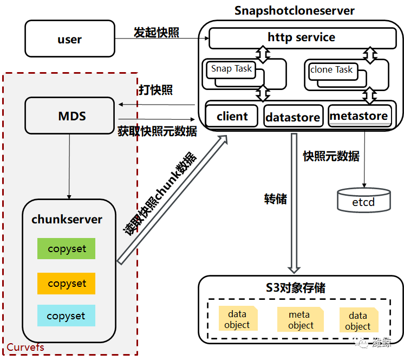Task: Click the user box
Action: click(70, 39)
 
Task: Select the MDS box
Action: click(71, 116)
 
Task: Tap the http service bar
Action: click(302, 38)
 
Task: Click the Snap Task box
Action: click(231, 69)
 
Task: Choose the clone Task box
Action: click(331, 69)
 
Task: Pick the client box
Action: click(232, 116)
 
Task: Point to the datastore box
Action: click(292, 117)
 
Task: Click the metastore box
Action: click(359, 115)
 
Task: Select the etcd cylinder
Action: click(363, 201)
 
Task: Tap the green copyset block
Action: click(67, 249)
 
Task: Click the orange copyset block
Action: click(67, 283)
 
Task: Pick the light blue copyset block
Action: click(66, 316)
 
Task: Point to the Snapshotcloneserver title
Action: click(295, 11)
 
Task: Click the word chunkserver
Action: click(67, 220)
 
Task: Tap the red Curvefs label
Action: click(25, 347)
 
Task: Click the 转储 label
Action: click(276, 198)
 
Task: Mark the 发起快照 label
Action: click(157, 33)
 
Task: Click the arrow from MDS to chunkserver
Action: click(69, 166)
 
